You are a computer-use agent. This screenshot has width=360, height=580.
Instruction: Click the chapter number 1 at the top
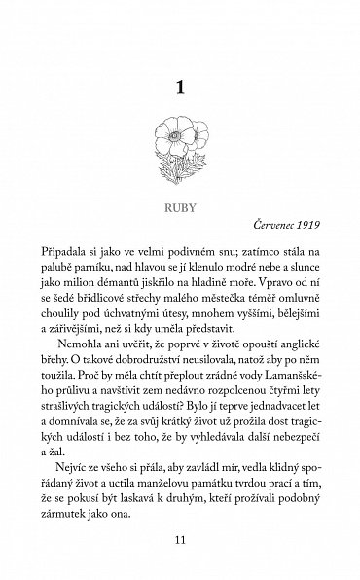[179, 90]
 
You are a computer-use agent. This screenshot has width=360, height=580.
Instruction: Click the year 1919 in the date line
[309, 235]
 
